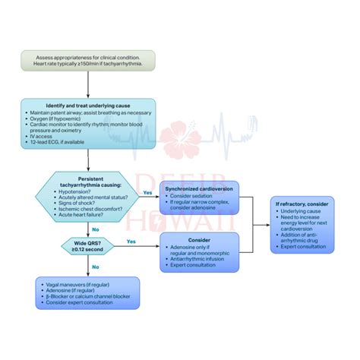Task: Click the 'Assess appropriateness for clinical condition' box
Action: coord(88,61)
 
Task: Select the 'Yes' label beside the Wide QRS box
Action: coord(131,242)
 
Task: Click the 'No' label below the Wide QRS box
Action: coord(95,267)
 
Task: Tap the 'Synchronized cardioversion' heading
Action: coord(200,188)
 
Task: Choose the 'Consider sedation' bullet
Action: coord(194,195)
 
